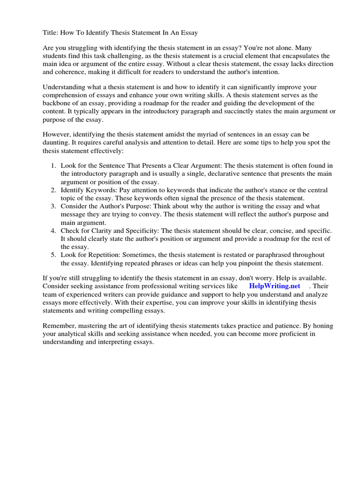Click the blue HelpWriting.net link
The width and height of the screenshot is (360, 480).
pos(275,286)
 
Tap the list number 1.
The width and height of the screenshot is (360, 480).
pos(53,165)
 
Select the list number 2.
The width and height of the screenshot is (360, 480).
pos(53,190)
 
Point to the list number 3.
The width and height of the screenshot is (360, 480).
pos(53,206)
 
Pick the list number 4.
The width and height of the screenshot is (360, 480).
pos(53,231)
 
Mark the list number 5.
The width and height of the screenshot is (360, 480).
pos(53,255)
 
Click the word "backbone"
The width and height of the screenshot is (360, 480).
pos(58,103)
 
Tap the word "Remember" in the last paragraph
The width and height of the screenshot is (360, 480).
pos(59,326)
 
